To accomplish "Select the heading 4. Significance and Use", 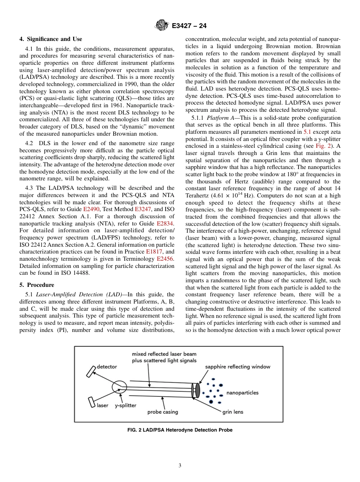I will (51, 39).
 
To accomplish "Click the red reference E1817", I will (155, 252).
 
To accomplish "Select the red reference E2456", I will (165, 259).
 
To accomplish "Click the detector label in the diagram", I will (107, 366).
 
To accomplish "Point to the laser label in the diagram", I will (102, 405).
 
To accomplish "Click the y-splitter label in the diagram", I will (125, 405).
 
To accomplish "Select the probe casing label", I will (163, 412).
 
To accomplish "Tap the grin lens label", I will (233, 412).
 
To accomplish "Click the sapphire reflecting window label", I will (238, 366).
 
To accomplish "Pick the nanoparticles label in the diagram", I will (242, 393).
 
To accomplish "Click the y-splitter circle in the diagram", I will (119, 387).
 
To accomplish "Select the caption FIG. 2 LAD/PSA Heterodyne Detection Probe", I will (180, 430).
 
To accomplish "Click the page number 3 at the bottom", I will (180, 466).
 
